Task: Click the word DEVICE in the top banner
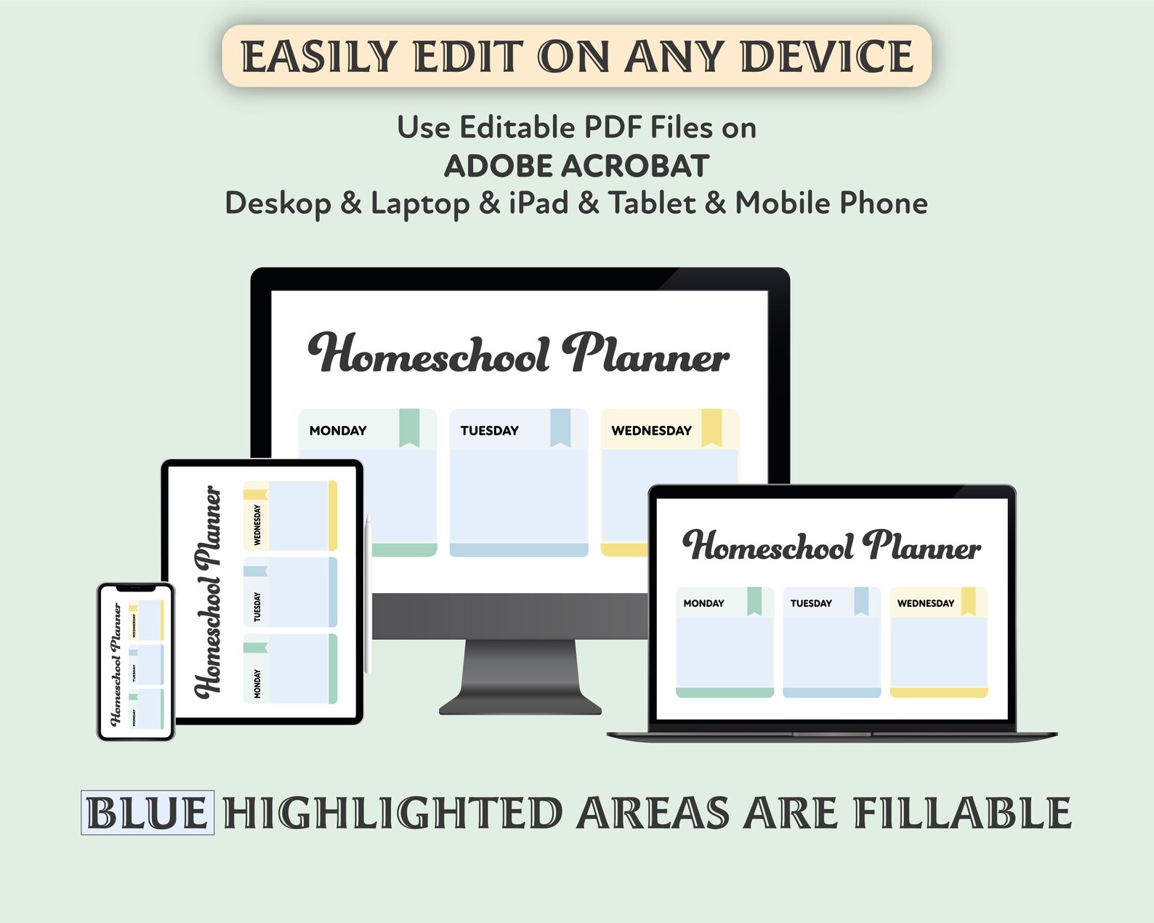[826, 57]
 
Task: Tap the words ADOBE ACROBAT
[576, 166]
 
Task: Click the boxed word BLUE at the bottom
[148, 813]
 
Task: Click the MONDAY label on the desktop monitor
[338, 430]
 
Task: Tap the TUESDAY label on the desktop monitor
[489, 430]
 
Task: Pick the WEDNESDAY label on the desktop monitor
[651, 430]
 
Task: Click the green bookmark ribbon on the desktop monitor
[409, 427]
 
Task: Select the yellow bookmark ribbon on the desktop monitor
[711, 427]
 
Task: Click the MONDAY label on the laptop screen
[703, 603]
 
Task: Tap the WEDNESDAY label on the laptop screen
[925, 603]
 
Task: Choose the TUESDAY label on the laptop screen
[811, 603]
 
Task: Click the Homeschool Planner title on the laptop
[831, 546]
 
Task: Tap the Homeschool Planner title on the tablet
[209, 592]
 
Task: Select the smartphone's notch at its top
[136, 588]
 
